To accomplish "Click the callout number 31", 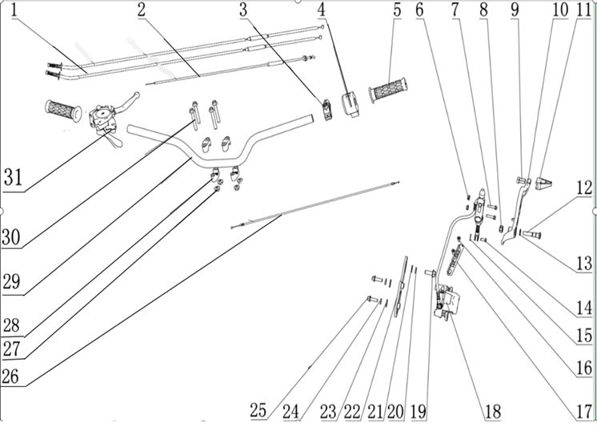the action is pyautogui.click(x=14, y=177).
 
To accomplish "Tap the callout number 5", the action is pyautogui.click(x=397, y=10).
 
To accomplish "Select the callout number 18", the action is pyautogui.click(x=493, y=412).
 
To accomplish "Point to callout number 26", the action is pyautogui.click(x=10, y=377).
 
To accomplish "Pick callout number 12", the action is pyautogui.click(x=584, y=188).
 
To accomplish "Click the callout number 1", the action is pyautogui.click(x=15, y=10).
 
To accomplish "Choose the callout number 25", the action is pyautogui.click(x=258, y=411).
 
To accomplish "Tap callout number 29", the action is pyautogui.click(x=11, y=282).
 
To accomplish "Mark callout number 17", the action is pyautogui.click(x=584, y=412).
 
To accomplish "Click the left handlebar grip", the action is pyautogui.click(x=63, y=111).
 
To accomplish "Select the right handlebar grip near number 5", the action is pyautogui.click(x=388, y=90).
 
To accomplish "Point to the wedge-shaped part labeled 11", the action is pyautogui.click(x=543, y=183).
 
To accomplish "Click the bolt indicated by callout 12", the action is pyautogui.click(x=533, y=233).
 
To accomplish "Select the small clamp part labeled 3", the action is pyautogui.click(x=327, y=110).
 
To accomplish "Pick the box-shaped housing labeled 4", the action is pyautogui.click(x=351, y=103).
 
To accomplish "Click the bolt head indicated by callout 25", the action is pyautogui.click(x=373, y=300).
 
